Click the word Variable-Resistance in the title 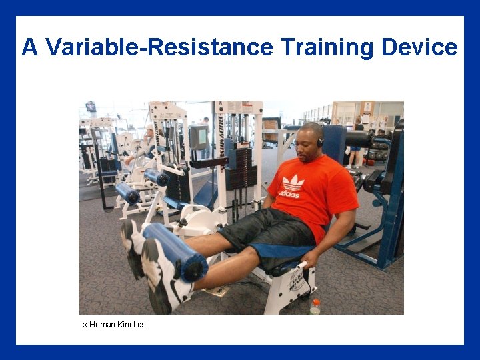point(159,47)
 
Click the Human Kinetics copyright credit point(114,325)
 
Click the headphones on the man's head point(320,141)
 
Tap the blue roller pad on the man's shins point(175,251)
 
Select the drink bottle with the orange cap point(315,307)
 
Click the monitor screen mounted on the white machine point(199,137)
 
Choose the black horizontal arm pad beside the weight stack point(209,162)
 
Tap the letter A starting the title point(29,47)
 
